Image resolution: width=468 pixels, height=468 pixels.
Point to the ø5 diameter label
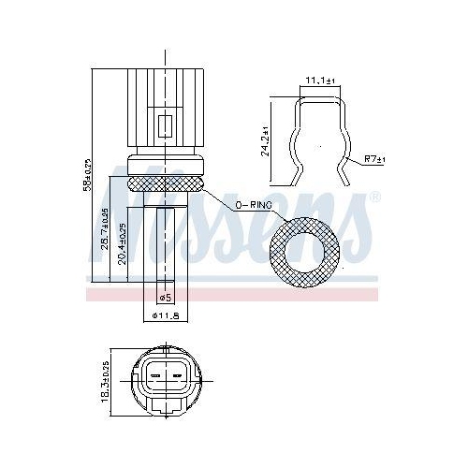[x=164, y=298]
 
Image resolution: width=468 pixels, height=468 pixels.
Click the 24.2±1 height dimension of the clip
[x=266, y=140]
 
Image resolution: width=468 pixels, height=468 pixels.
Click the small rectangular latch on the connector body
[x=167, y=124]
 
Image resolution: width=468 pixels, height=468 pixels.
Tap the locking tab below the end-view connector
[x=166, y=408]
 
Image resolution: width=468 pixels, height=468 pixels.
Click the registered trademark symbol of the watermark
[x=374, y=197]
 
